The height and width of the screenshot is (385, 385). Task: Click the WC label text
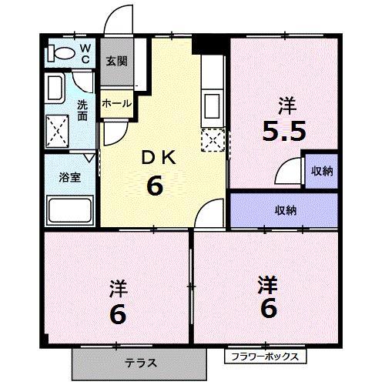[x=85, y=55]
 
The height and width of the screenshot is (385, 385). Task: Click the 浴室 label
[x=69, y=177]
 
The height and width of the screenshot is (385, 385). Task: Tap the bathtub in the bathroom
[x=69, y=209]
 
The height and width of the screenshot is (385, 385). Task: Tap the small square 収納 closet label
[x=321, y=171]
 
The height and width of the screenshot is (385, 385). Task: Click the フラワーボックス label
[x=266, y=357]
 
